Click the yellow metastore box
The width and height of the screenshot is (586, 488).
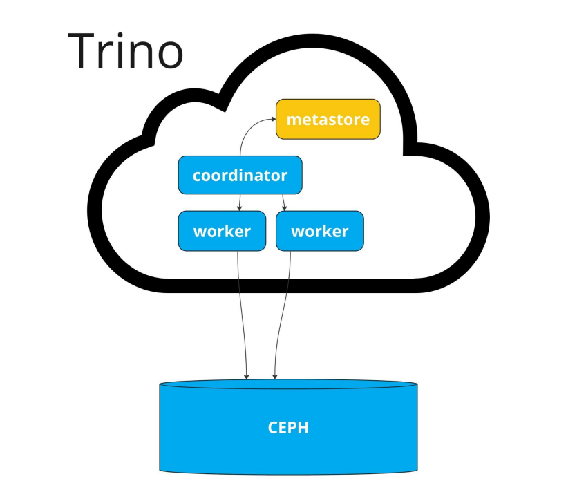coord(328,120)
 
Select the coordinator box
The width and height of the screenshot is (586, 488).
coord(240,176)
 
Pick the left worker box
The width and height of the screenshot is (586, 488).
coord(222,231)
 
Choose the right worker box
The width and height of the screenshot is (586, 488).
coord(319,231)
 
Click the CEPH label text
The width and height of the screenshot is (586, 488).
coord(288,427)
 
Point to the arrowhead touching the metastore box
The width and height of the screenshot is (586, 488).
coord(273,120)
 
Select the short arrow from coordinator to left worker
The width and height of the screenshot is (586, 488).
coord(239,201)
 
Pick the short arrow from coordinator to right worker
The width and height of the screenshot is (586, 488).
coord(284,201)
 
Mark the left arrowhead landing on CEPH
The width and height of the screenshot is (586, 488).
coord(247,376)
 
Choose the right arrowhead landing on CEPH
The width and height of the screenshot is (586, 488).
coord(275,376)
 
